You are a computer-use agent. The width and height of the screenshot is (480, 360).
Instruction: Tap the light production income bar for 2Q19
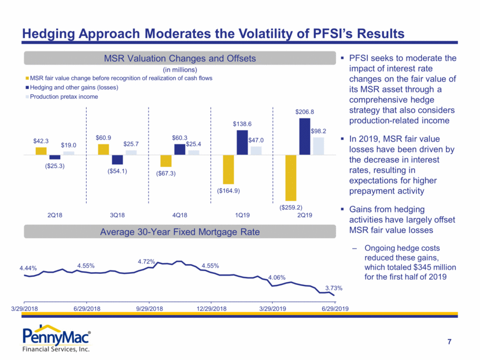point(318,146)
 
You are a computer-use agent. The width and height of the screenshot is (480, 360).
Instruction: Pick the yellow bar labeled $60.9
point(103,150)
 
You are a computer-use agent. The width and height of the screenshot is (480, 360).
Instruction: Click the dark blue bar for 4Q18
point(179,150)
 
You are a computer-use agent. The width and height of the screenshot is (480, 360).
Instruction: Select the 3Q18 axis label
point(117,215)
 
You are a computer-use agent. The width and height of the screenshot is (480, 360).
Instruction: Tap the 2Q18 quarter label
point(55,215)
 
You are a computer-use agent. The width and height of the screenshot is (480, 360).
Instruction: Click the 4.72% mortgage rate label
point(146,262)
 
